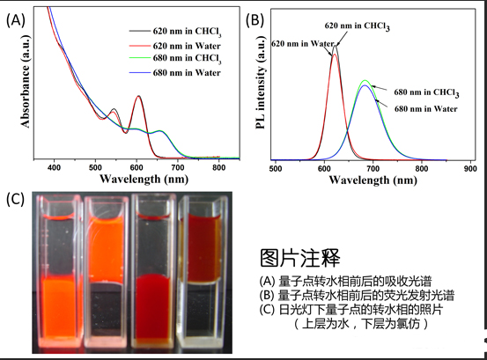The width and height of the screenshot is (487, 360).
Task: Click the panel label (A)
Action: (14, 20)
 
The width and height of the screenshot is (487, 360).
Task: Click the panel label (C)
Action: (15, 198)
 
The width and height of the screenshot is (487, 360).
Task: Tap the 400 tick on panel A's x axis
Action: (55, 165)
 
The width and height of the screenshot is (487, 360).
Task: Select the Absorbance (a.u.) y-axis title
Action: (26, 84)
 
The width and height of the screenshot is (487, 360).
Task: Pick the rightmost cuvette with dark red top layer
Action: (207, 273)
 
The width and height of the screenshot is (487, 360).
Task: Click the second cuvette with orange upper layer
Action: (110, 273)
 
